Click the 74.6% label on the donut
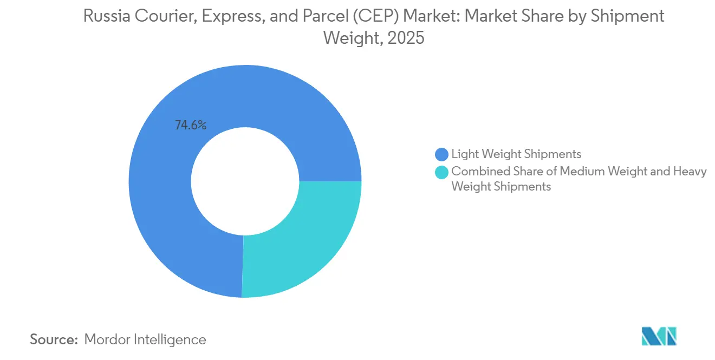(190, 126)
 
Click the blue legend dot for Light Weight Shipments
(442, 155)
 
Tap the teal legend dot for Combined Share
(442, 172)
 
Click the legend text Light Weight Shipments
(516, 155)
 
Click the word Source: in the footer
(54, 339)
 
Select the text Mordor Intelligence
(145, 339)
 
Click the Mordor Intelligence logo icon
(659, 336)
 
